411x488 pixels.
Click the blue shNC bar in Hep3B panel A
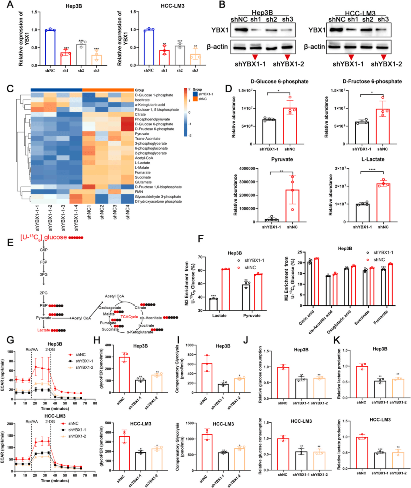coord(50,47)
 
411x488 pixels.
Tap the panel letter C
coord(10,88)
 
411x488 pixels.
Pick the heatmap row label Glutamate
coord(143,182)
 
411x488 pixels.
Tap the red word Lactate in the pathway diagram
coord(43,330)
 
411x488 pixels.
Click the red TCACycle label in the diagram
coord(129,317)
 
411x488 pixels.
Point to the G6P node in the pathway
coord(44,250)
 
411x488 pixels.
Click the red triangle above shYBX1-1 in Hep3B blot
coord(255,57)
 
